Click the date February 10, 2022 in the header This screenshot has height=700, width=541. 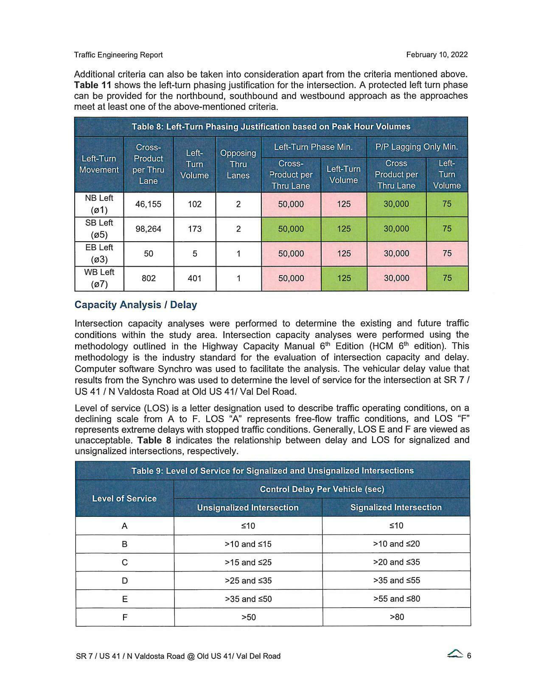pos(437,55)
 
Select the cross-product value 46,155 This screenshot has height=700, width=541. pos(148,204)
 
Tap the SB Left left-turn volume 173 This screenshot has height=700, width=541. pos(194,229)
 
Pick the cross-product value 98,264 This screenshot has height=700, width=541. pos(148,229)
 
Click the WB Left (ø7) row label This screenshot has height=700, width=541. pos(99,278)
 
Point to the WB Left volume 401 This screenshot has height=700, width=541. pos(194,278)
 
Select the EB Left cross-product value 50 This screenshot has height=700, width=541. pos(148,254)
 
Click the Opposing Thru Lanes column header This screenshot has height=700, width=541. pos(238,164)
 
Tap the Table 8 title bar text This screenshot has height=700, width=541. pos(271,127)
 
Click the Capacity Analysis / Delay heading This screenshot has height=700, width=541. pos(136,305)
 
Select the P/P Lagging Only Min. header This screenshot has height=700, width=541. pos(417,147)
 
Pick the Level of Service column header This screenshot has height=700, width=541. pos(124,499)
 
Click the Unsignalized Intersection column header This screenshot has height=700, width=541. pos(248,508)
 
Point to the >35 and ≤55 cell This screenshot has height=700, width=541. pos(396,580)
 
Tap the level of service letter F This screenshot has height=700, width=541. pos(125,617)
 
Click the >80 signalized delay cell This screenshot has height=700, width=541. pos(396,617)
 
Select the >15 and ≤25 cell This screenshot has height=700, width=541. pos(248,563)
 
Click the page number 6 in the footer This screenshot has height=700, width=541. pos(469,656)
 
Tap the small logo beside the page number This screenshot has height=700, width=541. pos(455,655)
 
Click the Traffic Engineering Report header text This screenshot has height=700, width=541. pos(118,55)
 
